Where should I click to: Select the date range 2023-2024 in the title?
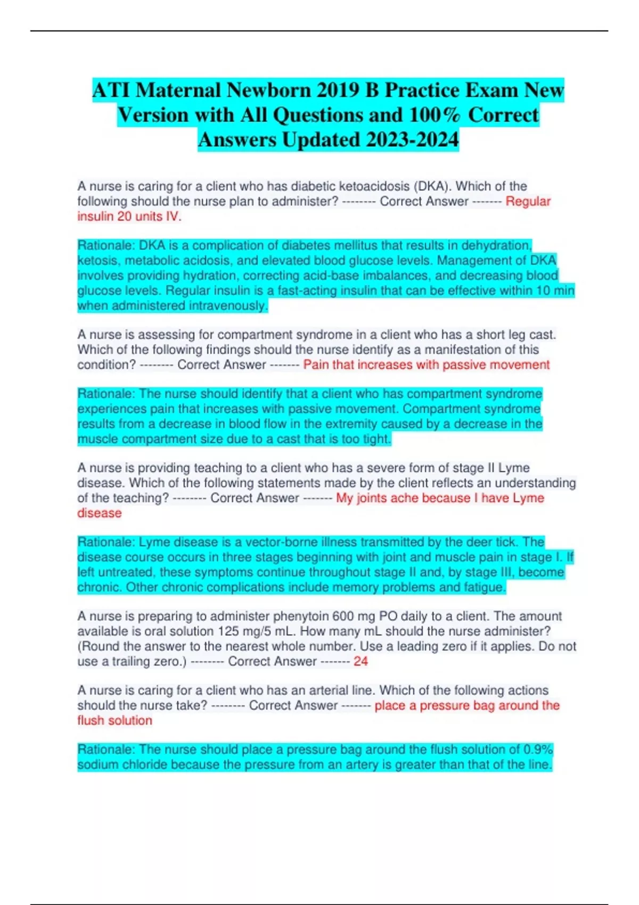click(x=412, y=140)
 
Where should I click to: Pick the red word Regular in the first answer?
click(x=528, y=201)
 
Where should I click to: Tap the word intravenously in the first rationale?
click(x=234, y=306)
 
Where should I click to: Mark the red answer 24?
click(x=361, y=661)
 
